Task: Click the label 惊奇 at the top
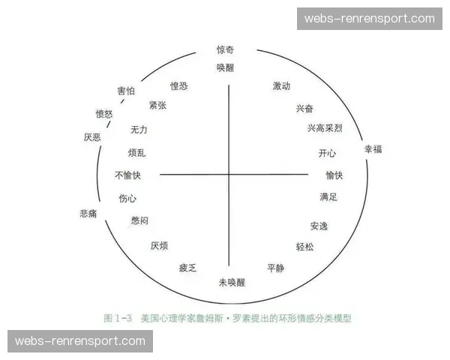click(x=226, y=50)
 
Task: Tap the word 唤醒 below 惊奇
click(x=226, y=67)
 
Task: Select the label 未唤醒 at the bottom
click(x=232, y=282)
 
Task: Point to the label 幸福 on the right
click(x=373, y=149)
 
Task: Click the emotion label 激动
click(x=281, y=86)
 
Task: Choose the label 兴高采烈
click(x=324, y=129)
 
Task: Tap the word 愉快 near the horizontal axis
click(x=334, y=175)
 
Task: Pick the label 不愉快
click(x=127, y=175)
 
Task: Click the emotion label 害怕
click(x=126, y=91)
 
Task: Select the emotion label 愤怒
click(x=104, y=114)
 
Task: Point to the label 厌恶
click(x=92, y=137)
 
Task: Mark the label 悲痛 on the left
click(x=88, y=214)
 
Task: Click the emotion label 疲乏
click(x=187, y=268)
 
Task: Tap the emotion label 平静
click(x=276, y=268)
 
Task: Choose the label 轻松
click(x=305, y=247)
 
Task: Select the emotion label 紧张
click(x=157, y=105)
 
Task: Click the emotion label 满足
click(x=328, y=197)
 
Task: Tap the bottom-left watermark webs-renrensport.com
click(x=80, y=341)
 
